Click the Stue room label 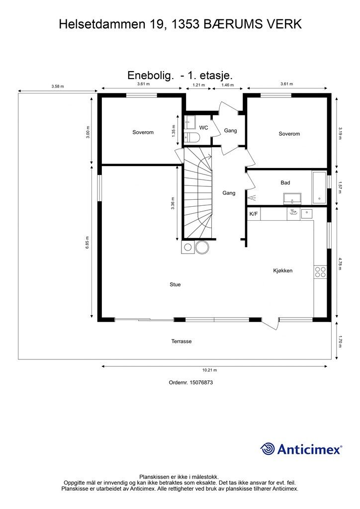[x=175, y=284]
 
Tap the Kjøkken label [x=283, y=270]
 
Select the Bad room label [x=285, y=183]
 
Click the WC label [x=203, y=128]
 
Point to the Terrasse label [x=181, y=341]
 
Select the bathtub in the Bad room [x=319, y=187]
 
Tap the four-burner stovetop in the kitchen [x=320, y=272]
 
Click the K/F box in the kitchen [x=254, y=214]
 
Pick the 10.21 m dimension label [x=210, y=370]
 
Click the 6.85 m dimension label [x=87, y=243]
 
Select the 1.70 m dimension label [x=340, y=341]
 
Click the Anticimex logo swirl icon [x=268, y=449]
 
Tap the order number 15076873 [x=201, y=382]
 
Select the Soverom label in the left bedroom [x=143, y=132]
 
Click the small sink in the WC [x=189, y=122]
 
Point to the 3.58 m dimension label [x=58, y=86]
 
